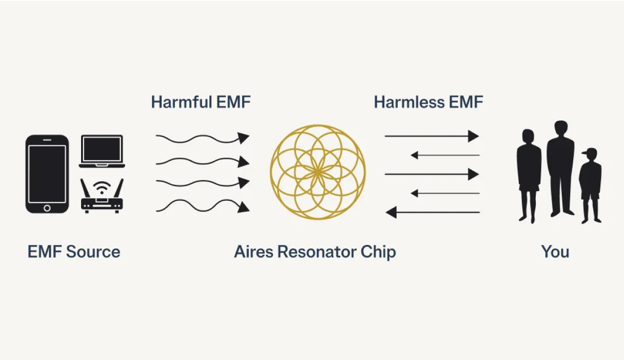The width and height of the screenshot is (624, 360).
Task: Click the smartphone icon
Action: (47, 174)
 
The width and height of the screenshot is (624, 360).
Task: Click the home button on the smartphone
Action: (47, 207)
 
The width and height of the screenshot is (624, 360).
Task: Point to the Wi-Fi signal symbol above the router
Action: (102, 186)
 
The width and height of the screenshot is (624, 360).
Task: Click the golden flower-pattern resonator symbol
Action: (318, 172)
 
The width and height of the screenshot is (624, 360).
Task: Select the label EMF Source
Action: (74, 252)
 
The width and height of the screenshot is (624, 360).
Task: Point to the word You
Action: (555, 252)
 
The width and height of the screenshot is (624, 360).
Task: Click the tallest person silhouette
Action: (560, 167)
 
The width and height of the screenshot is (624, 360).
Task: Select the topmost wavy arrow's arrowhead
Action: (244, 138)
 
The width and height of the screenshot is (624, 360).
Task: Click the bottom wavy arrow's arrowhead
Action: (244, 207)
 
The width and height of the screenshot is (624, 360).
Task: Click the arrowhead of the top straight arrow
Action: (473, 136)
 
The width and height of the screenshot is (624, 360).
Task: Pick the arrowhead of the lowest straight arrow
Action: (392, 212)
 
